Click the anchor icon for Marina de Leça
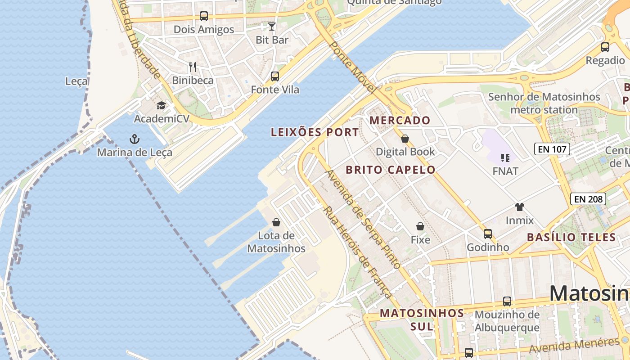coord(135,139)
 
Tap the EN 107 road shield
coord(552,149)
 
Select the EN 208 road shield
coord(588,198)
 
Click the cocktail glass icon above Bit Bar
coord(272,26)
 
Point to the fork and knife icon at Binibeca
coord(193,67)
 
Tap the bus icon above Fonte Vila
coord(275,76)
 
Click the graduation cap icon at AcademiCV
coord(161,106)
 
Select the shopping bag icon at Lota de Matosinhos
coord(276,222)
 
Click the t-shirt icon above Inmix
coord(520,207)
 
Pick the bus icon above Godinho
coord(488,234)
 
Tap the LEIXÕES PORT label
coord(315,132)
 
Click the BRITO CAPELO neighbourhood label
coord(391,170)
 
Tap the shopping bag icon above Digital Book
coord(405,138)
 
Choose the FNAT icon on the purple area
coord(505,158)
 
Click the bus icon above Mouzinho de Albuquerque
coord(507,301)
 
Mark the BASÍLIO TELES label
coord(571,237)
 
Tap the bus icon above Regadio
coord(605,47)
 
